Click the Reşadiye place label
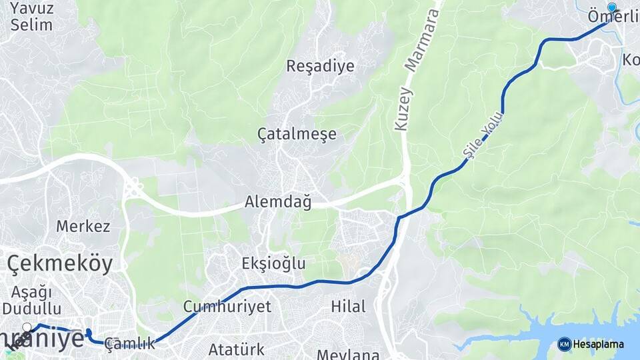320,66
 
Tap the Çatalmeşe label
297,134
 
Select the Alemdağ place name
278,202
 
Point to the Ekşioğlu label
273,263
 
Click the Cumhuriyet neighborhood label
227,307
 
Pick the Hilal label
349,307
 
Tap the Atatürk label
236,349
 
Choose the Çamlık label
129,344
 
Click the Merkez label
83,226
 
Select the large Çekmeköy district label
60,263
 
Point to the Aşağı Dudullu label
31,300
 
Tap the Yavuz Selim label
31,17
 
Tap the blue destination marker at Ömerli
612,7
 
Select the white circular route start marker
27,327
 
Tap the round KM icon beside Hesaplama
564,345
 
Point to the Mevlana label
348,353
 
